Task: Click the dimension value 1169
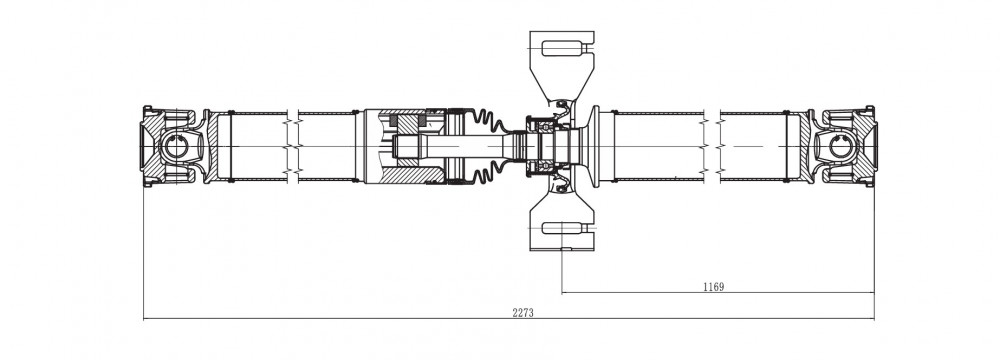[x=714, y=287]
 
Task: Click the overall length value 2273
[x=522, y=312]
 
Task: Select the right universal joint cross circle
[x=841, y=146]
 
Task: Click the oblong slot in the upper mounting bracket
[x=564, y=48]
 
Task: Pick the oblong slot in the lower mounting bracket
[x=564, y=229]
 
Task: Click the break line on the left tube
[x=293, y=147]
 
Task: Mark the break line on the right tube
[x=712, y=147]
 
